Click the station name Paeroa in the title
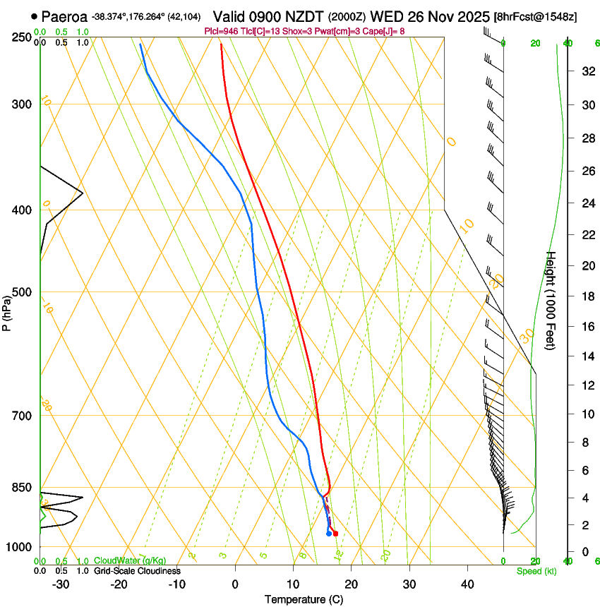tap(64, 16)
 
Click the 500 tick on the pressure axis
tap(21, 292)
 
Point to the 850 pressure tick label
tap(21, 488)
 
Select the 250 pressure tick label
tap(21, 37)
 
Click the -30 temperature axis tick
tap(61, 584)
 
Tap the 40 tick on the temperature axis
tap(467, 584)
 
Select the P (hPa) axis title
tap(7, 310)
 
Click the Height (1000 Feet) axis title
tap(551, 300)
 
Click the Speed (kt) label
tap(535, 571)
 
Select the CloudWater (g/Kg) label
tap(130, 561)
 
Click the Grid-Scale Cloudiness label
tap(137, 571)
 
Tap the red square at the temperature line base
tap(335, 534)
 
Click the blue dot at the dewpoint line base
tap(329, 534)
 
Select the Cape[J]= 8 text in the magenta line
tap(384, 31)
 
